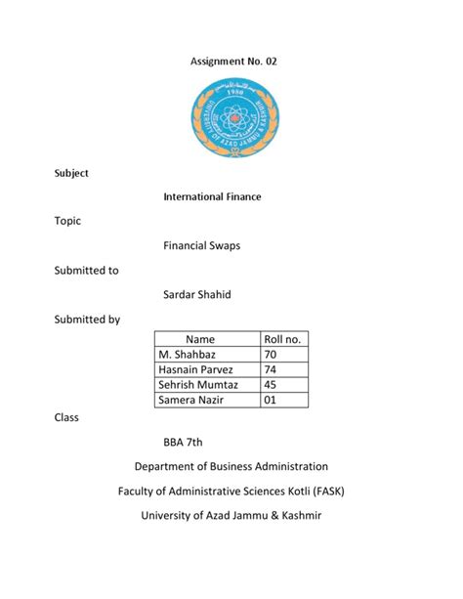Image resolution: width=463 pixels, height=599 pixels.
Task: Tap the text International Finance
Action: pyautogui.click(x=211, y=197)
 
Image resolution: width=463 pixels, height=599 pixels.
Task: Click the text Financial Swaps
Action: pyautogui.click(x=200, y=245)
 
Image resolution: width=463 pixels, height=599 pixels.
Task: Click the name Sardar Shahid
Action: pyautogui.click(x=197, y=296)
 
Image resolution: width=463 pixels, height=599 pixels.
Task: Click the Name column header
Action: pyautogui.click(x=206, y=338)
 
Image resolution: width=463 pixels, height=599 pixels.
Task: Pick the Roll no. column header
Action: pyautogui.click(x=283, y=338)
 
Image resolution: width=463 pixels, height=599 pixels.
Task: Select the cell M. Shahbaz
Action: pyautogui.click(x=188, y=354)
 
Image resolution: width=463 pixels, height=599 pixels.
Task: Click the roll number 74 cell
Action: pyautogui.click(x=272, y=369)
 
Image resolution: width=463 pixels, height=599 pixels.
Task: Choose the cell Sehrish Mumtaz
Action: pyautogui.click(x=198, y=385)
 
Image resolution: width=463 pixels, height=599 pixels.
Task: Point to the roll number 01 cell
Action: pyautogui.click(x=272, y=401)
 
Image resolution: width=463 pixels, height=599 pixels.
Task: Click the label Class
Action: pyautogui.click(x=64, y=417)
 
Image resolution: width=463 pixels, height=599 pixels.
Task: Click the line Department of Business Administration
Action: pyautogui.click(x=231, y=467)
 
